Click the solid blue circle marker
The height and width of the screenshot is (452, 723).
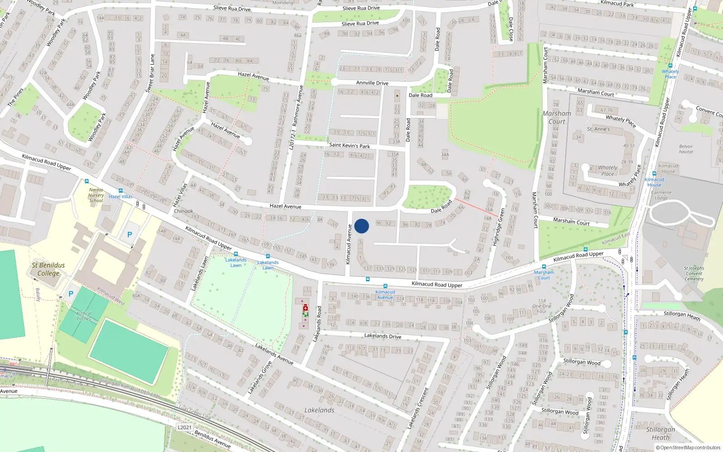[x=361, y=226]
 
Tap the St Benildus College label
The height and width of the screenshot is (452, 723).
[x=48, y=269]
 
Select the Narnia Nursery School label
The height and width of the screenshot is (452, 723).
[x=96, y=195]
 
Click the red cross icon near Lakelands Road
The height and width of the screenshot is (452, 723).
[x=305, y=308]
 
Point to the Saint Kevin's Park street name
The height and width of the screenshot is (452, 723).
[x=349, y=146]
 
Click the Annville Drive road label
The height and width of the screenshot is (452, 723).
[x=372, y=83]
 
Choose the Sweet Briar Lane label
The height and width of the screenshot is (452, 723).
[x=150, y=73]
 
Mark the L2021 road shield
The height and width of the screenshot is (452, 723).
[x=184, y=427]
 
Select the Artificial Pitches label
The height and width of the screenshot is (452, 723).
[x=84, y=316]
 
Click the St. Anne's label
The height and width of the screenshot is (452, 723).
[x=598, y=129]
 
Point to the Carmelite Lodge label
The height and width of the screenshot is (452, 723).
[x=661, y=195]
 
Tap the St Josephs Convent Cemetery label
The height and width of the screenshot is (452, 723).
[x=694, y=273]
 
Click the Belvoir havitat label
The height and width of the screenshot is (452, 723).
[x=685, y=149]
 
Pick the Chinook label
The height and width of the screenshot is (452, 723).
[x=183, y=211]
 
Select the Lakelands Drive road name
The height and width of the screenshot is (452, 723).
[x=382, y=336]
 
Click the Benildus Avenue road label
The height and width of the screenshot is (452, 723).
[x=212, y=439]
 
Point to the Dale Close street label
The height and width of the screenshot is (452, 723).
[x=511, y=29]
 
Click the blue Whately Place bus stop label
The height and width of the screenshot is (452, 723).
[x=670, y=74]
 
